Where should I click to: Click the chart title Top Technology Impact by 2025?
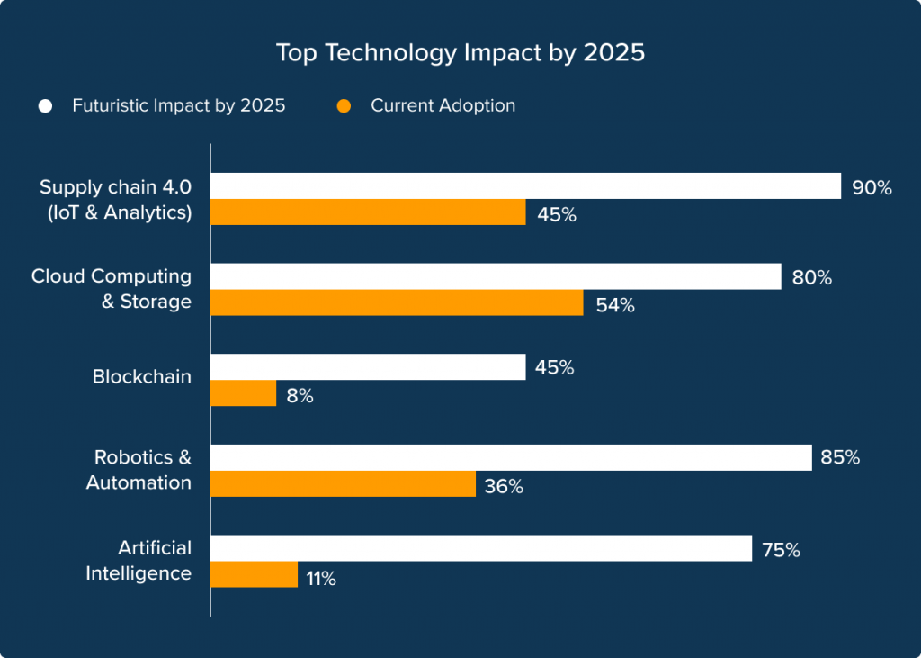(460, 53)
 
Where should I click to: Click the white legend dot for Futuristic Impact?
(45, 106)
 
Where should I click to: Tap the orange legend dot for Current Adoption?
(344, 106)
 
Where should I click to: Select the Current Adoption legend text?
(443, 106)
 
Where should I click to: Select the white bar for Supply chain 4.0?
(525, 186)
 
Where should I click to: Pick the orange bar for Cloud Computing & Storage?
(397, 303)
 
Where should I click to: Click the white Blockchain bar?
(368, 367)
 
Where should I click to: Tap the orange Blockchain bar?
(244, 393)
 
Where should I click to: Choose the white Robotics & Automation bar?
(511, 458)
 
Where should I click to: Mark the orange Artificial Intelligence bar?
(255, 575)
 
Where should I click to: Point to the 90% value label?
(872, 188)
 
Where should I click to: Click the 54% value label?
(615, 305)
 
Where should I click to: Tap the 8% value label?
(300, 396)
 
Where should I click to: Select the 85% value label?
(840, 458)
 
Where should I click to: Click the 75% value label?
(780, 550)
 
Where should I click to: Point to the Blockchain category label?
(142, 377)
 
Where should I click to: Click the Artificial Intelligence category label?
(139, 561)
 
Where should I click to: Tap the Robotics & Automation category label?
(139, 470)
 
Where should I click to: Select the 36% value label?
(504, 487)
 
